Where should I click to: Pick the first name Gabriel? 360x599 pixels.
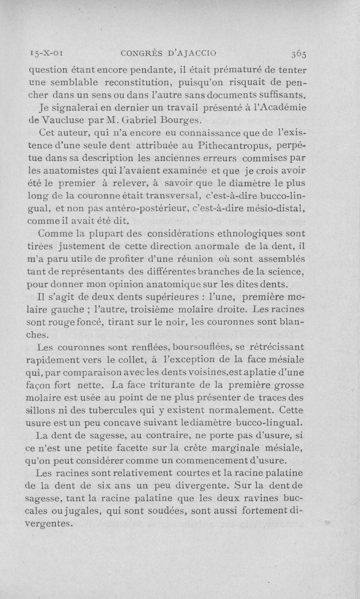pyautogui.click(x=146, y=120)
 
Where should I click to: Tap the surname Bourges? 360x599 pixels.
pyautogui.click(x=185, y=120)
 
